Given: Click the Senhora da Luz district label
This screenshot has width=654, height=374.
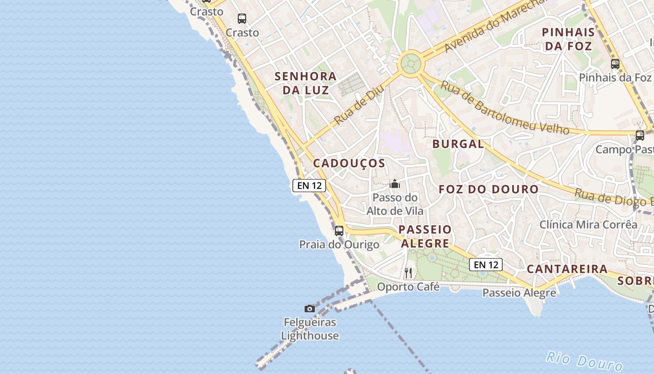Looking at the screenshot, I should tap(306, 83).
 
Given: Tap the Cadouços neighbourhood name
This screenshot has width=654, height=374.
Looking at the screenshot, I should tap(349, 163).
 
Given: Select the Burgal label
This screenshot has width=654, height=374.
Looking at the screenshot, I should tap(458, 144).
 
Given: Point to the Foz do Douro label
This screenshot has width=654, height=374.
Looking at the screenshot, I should tap(489, 189).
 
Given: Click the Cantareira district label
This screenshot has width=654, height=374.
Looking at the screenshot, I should tap(567, 269).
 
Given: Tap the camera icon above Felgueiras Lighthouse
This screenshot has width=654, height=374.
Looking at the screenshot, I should tap(309, 309).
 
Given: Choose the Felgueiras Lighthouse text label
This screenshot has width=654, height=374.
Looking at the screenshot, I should tap(310, 329).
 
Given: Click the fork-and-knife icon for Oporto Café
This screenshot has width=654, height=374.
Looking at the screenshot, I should tap(408, 273).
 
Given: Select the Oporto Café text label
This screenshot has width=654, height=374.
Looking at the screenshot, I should tap(408, 287).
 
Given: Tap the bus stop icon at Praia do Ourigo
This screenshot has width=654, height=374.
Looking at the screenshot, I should tap(339, 230).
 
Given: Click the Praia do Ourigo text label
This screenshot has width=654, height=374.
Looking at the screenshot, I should tap(339, 245).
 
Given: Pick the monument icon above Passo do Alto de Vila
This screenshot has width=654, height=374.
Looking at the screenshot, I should tap(395, 184).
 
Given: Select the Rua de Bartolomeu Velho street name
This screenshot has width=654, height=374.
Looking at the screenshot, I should tap(505, 108).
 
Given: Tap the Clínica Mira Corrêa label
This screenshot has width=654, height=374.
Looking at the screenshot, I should tap(588, 224).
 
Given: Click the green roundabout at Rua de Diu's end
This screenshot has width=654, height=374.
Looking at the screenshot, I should tap(410, 62).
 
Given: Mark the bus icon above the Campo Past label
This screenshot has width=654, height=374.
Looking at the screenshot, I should tap(640, 136).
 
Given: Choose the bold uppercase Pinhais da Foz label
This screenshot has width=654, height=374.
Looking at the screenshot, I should tap(569, 39).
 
